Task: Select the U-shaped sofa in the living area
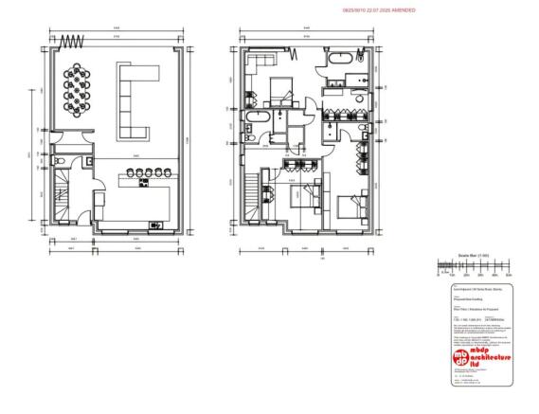point(131,99)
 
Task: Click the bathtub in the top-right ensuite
point(340,62)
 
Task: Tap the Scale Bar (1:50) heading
point(473,257)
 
